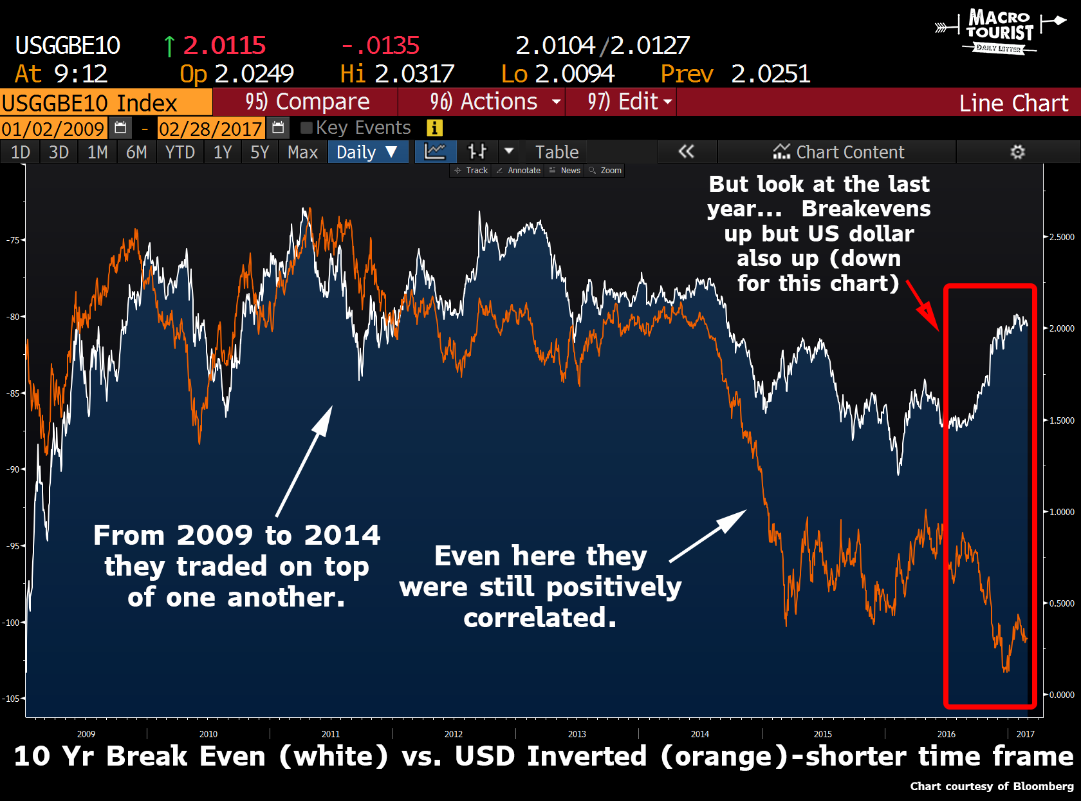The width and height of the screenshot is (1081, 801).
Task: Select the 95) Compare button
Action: (x=306, y=102)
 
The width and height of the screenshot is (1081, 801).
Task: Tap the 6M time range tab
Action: (x=136, y=153)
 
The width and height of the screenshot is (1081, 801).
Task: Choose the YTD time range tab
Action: (x=180, y=153)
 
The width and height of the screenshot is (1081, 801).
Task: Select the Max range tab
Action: (x=302, y=153)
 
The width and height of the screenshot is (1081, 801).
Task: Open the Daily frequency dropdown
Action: (x=367, y=153)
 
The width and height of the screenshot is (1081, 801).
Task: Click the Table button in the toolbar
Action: (x=557, y=153)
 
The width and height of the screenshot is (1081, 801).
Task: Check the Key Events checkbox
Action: (x=307, y=128)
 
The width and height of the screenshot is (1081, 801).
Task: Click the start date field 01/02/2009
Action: (x=53, y=129)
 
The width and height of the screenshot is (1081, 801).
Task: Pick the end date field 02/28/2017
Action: (x=210, y=129)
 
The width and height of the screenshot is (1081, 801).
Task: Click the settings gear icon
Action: (x=1017, y=153)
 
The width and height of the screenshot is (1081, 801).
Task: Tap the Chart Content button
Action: (x=838, y=153)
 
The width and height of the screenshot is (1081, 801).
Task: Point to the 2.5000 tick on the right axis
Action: (x=1062, y=237)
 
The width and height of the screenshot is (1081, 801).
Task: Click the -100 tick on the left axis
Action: (x=12, y=623)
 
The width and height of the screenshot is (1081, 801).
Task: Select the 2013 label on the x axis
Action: (x=577, y=734)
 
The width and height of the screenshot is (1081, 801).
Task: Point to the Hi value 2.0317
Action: (x=414, y=74)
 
